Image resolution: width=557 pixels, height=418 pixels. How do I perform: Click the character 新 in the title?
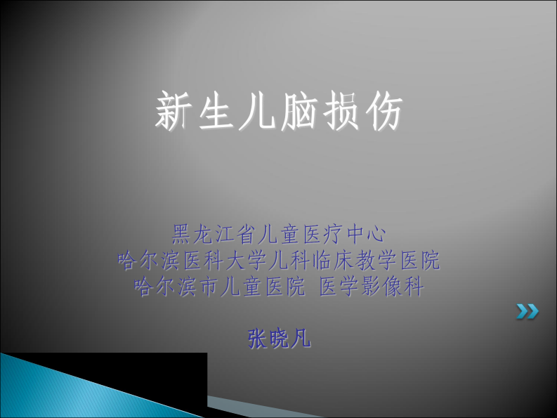pyautogui.click(x=174, y=112)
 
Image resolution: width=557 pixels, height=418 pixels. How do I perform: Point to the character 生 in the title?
pyautogui.click(x=216, y=112)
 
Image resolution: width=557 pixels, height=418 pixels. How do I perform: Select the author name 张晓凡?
pyautogui.click(x=279, y=339)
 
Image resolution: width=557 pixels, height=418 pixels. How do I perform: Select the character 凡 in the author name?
pyautogui.click(x=301, y=339)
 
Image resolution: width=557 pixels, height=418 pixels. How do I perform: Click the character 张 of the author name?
pyautogui.click(x=258, y=339)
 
